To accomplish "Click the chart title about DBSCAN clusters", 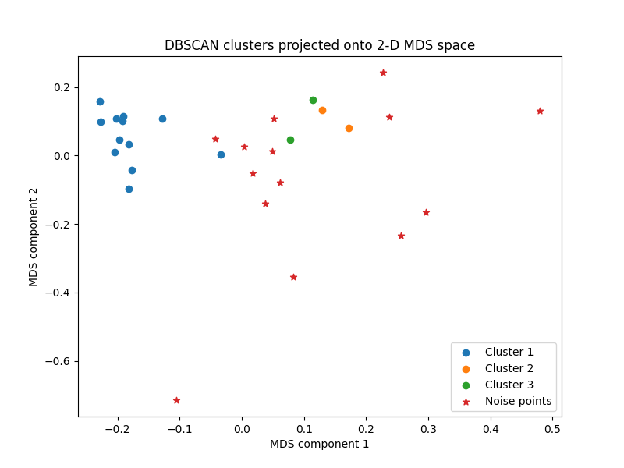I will pos(319,45).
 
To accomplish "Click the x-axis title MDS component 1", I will pos(319,445).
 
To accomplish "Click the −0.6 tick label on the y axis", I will pos(57,361).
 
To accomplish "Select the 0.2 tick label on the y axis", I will pos(62,87).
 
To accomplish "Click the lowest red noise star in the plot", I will pos(176,400).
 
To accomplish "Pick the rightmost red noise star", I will pos(540,111).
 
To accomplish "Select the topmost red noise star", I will pos(383,73).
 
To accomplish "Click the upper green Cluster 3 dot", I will pos(313,100).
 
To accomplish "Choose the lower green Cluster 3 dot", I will pos(290,140).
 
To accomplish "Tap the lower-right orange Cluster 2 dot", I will pos(349,128).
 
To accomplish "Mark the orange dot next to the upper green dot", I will pos(322,110).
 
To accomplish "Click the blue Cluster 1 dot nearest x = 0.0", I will pos(221,154).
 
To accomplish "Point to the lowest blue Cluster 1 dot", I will pos(129,189).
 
